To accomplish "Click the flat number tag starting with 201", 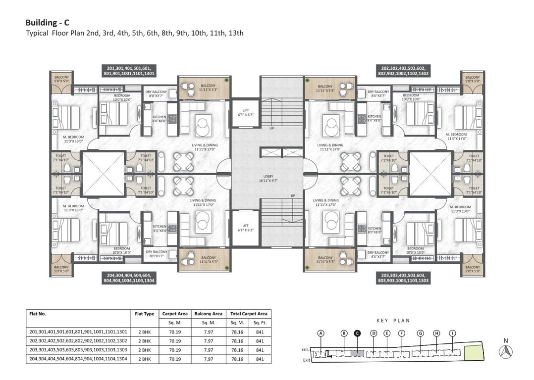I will coord(129,70).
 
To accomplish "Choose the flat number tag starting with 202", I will coord(405,70).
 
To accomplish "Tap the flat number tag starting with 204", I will coord(129,278).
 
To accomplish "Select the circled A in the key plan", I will coord(320,333).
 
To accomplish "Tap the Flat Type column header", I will coord(145,314).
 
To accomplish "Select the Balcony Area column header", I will coord(208,314).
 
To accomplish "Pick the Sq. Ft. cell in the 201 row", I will coord(259,332).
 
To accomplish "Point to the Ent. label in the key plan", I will coord(305,349).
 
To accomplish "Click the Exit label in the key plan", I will coord(306,360).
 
